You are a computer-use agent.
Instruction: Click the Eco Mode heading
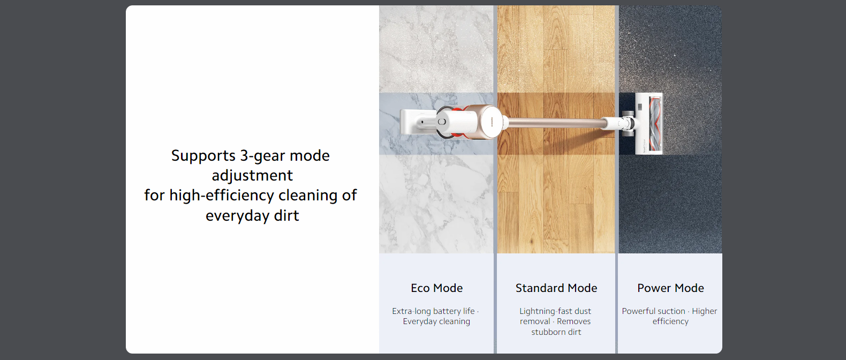pos(436,288)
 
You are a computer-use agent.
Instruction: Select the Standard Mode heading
pos(556,288)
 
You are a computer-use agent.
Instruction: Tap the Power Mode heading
pos(670,288)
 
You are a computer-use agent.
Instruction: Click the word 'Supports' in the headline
pos(203,156)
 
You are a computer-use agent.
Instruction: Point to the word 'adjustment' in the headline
pos(252,176)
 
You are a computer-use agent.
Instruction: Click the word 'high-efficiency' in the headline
pos(222,196)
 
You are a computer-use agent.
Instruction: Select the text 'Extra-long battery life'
pos(433,311)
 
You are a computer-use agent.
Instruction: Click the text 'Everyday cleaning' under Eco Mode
pos(436,321)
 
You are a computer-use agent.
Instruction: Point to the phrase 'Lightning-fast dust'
pos(555,311)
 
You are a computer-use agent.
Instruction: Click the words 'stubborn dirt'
pos(556,332)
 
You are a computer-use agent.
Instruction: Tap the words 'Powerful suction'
pos(653,311)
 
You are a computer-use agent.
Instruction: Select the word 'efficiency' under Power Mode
pos(670,321)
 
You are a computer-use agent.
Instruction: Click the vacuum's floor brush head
pos(649,124)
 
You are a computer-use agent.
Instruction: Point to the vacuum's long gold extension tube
pos(555,122)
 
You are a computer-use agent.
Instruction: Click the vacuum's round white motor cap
pos(491,121)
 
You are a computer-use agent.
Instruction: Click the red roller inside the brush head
pos(655,124)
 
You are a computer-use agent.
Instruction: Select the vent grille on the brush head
pos(640,107)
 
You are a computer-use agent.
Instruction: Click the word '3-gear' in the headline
pos(262,156)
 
